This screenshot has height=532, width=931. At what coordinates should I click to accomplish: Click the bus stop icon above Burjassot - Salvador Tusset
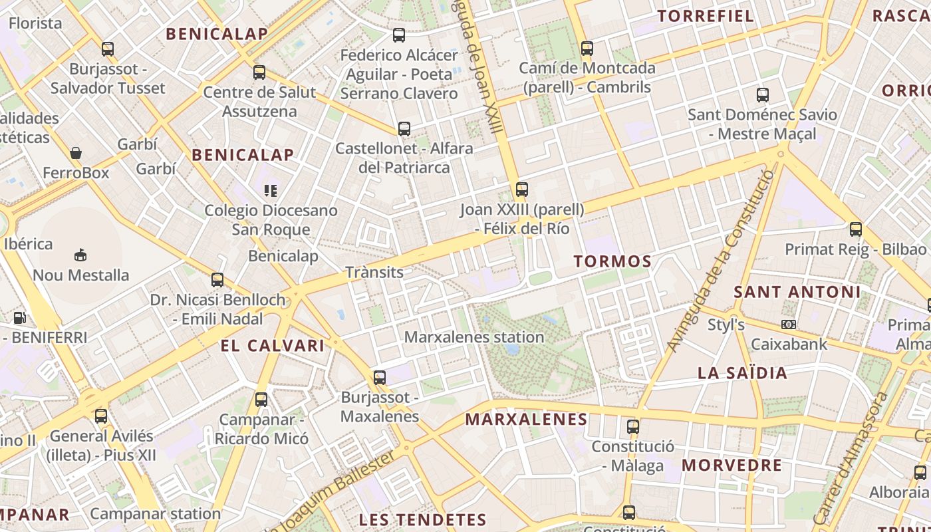tap(108, 49)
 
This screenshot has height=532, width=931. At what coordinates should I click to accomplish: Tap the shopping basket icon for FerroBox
tap(76, 153)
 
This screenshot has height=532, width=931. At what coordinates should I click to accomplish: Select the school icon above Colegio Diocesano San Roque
tap(270, 192)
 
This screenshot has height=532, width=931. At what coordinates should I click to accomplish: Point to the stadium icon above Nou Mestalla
tap(80, 255)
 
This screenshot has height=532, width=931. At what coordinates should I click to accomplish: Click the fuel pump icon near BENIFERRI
tap(20, 319)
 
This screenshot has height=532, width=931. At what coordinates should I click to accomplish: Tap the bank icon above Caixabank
tap(789, 325)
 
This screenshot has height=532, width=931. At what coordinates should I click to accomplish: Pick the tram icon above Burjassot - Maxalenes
tap(379, 378)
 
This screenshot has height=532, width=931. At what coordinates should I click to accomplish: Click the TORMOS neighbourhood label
tap(612, 261)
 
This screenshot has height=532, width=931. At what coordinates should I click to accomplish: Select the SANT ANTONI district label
tap(797, 292)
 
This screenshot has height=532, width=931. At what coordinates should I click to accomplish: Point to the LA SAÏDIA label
tap(742, 373)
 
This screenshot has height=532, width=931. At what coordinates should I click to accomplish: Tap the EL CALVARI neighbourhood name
tap(273, 346)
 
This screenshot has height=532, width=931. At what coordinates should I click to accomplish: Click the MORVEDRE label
tap(731, 465)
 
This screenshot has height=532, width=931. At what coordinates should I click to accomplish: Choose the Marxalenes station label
tap(474, 337)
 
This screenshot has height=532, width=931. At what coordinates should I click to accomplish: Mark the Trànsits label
tap(374, 272)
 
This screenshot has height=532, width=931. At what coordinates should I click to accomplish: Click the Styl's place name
tap(726, 325)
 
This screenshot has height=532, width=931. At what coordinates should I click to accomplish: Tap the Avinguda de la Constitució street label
tap(722, 261)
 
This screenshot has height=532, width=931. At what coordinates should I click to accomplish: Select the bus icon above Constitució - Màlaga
tap(633, 426)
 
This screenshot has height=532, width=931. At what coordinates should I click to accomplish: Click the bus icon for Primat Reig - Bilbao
tap(856, 229)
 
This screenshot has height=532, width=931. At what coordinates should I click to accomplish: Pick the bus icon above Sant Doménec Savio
tap(763, 95)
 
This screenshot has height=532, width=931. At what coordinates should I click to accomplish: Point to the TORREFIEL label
tap(706, 16)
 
